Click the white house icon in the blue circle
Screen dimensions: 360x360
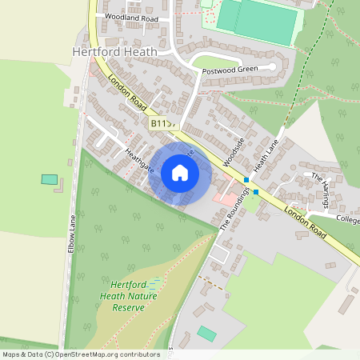[x=180, y=172]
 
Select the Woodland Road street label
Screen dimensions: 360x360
[x=131, y=18]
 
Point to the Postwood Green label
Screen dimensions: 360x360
[x=230, y=70]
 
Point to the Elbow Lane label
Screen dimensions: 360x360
[x=71, y=233]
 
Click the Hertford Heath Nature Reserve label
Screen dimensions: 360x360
[x=134, y=295]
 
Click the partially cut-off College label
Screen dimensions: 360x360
[x=348, y=218]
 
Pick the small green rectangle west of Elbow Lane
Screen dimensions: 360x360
[x=50, y=179]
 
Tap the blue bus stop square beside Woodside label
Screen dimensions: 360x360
[x=246, y=180]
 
